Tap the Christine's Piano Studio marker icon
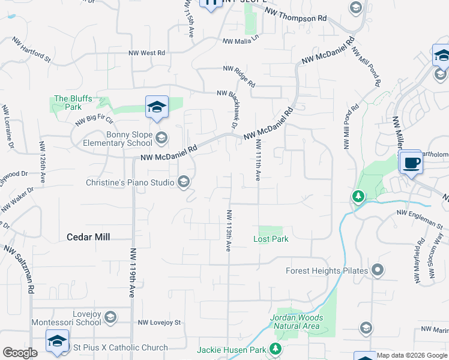coord(184,182)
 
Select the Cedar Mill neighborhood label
coord(88,237)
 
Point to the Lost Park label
coord(271,239)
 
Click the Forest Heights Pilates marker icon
coord(378,271)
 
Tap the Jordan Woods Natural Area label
coord(297,322)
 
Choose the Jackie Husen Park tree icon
coord(276,349)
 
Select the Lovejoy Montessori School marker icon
coord(110,316)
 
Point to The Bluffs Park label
coord(73,103)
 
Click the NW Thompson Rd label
coord(296,15)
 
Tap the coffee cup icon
coord(411,163)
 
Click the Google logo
coord(20,353)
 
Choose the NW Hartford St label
coord(31,49)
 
